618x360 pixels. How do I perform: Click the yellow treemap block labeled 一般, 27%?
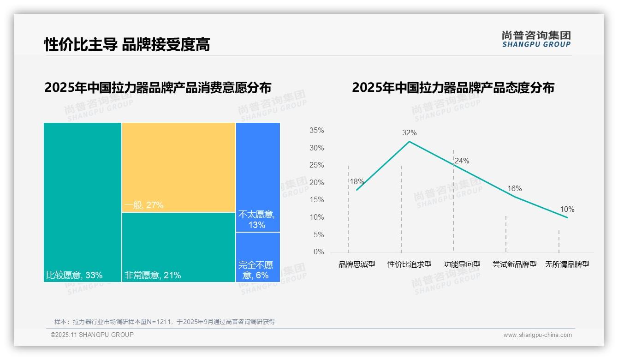(178, 167)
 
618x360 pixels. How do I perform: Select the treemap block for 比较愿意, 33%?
(83, 202)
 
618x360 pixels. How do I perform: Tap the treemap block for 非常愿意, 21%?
(178, 247)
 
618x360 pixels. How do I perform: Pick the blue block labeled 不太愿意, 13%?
(258, 177)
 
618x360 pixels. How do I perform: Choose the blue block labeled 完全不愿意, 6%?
(258, 257)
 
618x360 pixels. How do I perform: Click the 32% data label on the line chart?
(409, 133)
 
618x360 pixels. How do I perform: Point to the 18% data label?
(357, 182)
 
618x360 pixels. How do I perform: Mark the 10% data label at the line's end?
(567, 210)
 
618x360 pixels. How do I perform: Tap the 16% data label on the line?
(514, 189)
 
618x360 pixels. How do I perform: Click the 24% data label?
(462, 161)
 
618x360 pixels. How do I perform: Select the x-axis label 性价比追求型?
(409, 264)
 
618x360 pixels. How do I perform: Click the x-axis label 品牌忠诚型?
(357, 264)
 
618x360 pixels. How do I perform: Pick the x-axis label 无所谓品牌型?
(567, 264)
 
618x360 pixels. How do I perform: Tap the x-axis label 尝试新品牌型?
(514, 264)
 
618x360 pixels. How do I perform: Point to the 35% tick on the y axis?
(316, 131)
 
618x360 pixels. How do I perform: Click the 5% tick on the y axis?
(318, 234)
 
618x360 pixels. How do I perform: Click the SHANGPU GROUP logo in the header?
(536, 39)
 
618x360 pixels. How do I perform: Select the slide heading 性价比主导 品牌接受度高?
(127, 45)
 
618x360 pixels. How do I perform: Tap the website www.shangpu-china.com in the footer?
(537, 335)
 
